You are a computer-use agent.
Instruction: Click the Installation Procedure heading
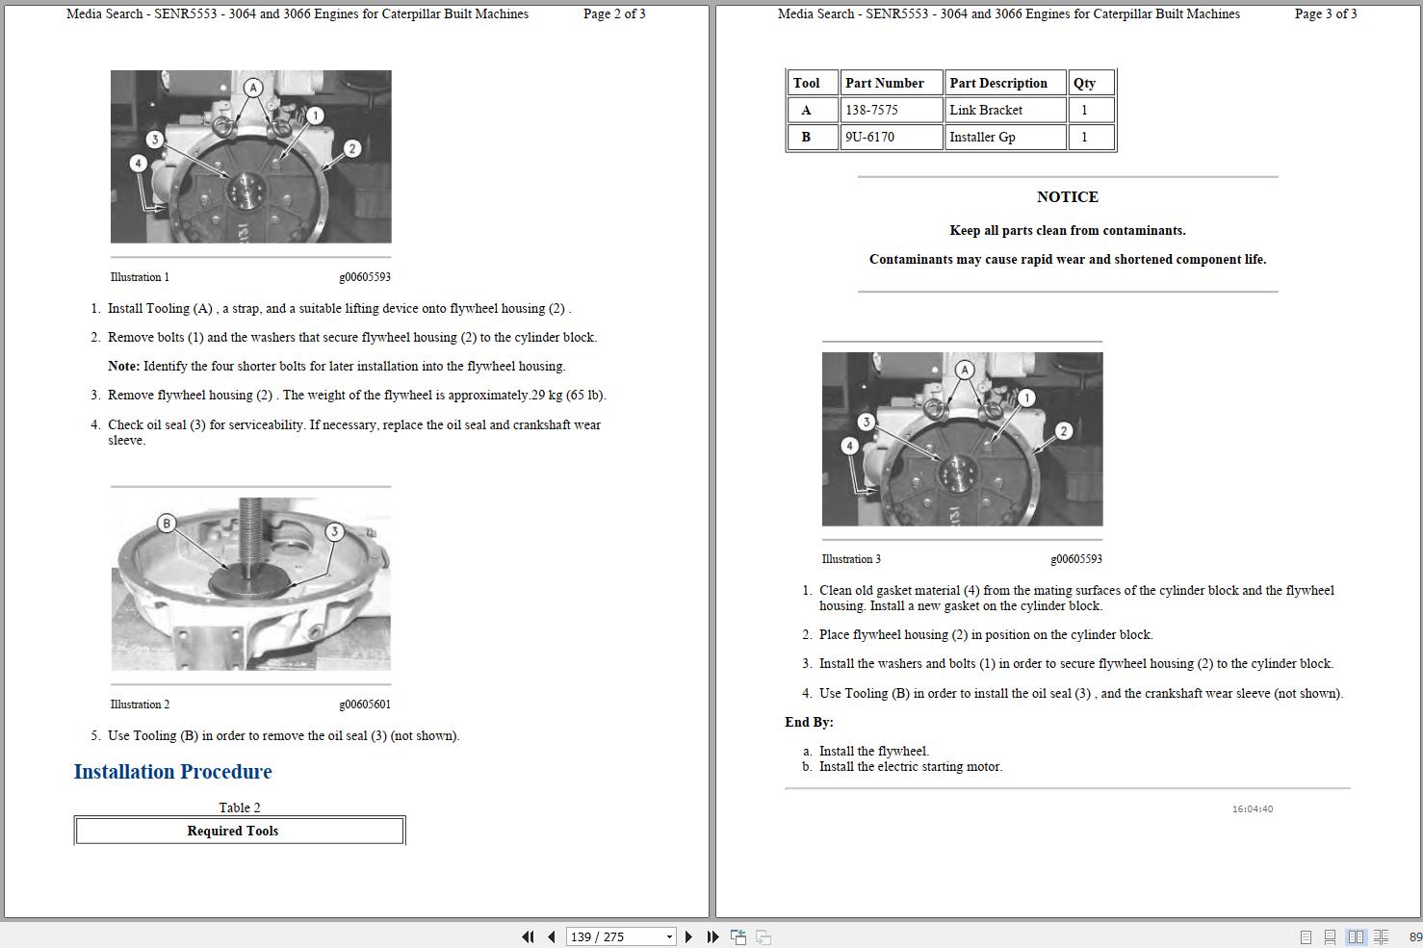[172, 772]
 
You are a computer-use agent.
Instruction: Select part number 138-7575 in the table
[870, 110]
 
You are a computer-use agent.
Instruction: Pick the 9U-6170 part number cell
[869, 137]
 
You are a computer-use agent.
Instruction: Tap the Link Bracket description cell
[986, 110]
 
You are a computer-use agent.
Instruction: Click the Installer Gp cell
[982, 137]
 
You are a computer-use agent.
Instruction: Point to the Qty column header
[1084, 83]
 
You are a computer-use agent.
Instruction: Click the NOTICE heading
[1067, 196]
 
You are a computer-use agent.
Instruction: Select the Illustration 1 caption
[140, 277]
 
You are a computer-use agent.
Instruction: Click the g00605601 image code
[364, 705]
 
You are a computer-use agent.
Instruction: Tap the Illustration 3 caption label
[851, 559]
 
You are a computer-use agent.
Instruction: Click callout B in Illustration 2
[167, 524]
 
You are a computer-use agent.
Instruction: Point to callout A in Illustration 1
[253, 88]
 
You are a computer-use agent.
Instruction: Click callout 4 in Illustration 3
[849, 446]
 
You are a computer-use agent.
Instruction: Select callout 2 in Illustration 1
[352, 148]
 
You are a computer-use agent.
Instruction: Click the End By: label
[809, 722]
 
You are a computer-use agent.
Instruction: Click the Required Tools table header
[232, 831]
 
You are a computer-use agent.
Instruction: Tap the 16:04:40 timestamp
[1252, 809]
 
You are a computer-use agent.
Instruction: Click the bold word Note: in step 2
[123, 367]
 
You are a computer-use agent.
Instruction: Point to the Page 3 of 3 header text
[1325, 14]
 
